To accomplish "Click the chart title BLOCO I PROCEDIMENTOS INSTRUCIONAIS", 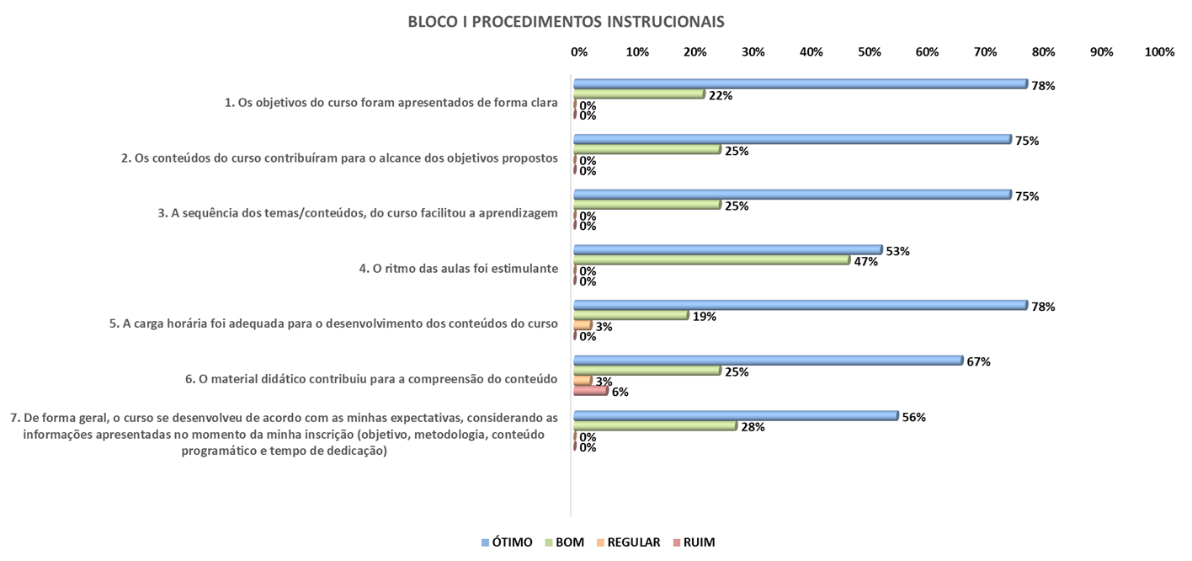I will [566, 21].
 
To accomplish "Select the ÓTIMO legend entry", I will [506, 542].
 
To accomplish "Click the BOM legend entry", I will [564, 542].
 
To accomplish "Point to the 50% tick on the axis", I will [869, 52].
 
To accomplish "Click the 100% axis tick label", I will [1159, 52].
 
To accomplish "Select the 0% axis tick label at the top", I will [579, 52].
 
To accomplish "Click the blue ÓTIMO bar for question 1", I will [800, 83].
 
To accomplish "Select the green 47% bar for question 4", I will [711, 260].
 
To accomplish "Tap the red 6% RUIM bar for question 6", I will [590, 391].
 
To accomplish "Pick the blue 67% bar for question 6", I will [768, 361].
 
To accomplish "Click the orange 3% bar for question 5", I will [583, 325].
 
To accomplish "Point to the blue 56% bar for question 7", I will [736, 416].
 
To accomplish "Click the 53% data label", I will [898, 251].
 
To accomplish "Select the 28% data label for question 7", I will [753, 427].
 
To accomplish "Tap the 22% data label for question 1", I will [721, 95].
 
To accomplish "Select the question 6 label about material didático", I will [371, 379].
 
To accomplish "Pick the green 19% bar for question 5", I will [631, 315].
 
